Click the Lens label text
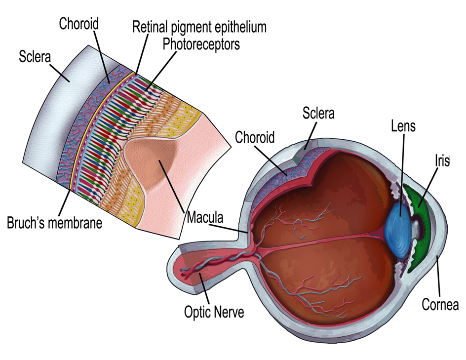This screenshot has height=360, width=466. click(402, 126)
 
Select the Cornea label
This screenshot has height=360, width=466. click(440, 304)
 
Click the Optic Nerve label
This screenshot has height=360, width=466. click(214, 312)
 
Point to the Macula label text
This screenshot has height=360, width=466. click(204, 217)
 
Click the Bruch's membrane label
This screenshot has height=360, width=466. click(54, 223)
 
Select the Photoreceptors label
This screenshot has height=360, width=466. click(201, 44)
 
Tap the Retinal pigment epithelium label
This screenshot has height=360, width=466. click(199, 27)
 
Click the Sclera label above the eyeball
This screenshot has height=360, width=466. click(318, 114)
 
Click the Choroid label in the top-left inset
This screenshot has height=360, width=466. click(79, 23)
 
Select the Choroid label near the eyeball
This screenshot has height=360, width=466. click(254, 137)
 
